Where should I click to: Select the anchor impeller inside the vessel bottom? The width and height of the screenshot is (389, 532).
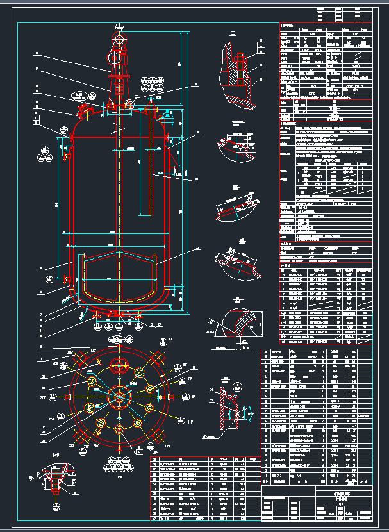tap(119, 282)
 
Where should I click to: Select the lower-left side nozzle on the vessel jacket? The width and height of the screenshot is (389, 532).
tap(66, 279)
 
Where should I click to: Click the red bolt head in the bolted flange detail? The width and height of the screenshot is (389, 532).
tap(239, 61)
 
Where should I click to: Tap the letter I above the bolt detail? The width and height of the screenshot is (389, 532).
tap(232, 31)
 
